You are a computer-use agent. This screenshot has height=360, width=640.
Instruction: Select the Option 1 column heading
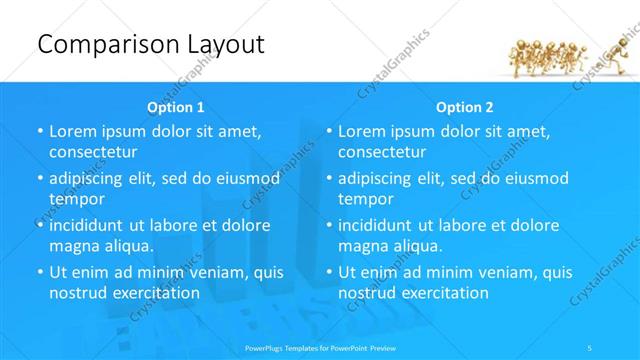(x=176, y=107)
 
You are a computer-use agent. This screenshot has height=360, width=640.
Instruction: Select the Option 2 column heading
(x=465, y=107)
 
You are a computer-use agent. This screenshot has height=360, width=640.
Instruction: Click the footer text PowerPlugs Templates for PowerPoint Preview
(x=319, y=348)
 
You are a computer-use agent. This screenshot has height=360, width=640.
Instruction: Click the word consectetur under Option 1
(x=93, y=152)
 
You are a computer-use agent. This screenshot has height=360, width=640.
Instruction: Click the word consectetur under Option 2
(x=382, y=152)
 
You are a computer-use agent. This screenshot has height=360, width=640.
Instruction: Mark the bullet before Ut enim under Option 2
(x=329, y=272)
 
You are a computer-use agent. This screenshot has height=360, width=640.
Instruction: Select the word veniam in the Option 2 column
(x=488, y=272)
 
